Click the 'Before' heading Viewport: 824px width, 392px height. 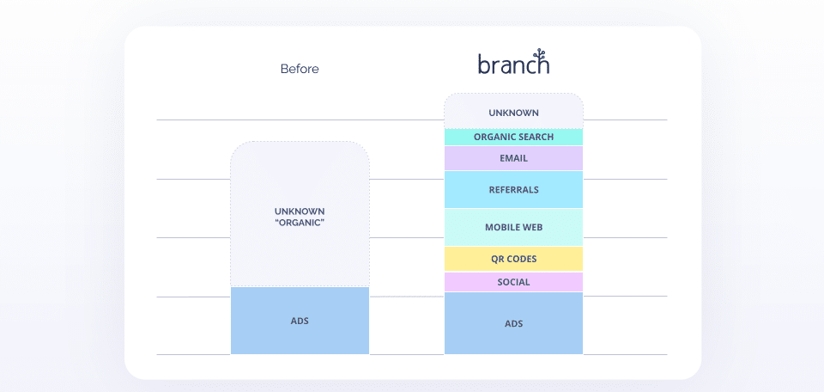[300, 69]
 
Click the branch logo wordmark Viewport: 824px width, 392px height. [513, 65]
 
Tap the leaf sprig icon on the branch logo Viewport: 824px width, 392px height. [538, 55]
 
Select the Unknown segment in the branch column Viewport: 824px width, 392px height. [513, 112]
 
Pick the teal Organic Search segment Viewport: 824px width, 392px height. [513, 137]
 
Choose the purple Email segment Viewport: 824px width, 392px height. [513, 158]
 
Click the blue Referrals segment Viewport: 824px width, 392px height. [513, 190]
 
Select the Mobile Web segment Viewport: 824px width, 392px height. [513, 228]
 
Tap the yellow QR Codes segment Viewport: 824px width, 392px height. [513, 259]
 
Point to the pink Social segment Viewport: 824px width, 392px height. [513, 282]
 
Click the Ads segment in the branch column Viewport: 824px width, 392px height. [513, 323]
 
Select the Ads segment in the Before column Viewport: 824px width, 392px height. [300, 321]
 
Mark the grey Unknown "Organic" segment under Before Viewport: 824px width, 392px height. [300, 241]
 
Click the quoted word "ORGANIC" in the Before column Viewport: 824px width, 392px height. [300, 224]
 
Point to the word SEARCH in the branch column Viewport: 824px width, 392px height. [534, 137]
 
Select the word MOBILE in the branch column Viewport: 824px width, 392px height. [502, 228]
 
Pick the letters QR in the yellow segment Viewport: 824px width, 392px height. [497, 259]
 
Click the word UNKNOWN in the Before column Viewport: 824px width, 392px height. [300, 211]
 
